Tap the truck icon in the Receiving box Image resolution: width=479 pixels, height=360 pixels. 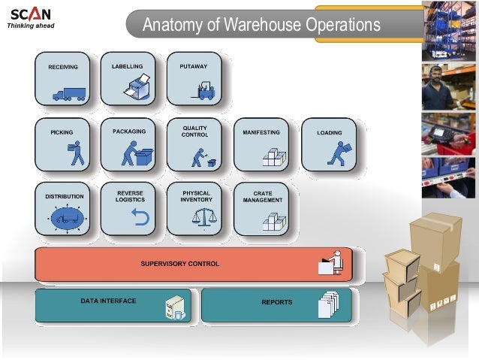tap(68, 94)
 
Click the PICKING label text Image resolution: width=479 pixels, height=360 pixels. tap(62, 132)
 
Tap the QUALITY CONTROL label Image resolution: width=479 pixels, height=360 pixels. tap(194, 132)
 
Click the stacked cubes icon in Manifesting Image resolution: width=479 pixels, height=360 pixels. tap(273, 156)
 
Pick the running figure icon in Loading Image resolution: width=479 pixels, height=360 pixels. tap(336, 153)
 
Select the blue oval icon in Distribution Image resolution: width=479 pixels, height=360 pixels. tap(66, 219)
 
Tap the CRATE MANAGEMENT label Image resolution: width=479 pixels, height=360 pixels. tap(262, 197)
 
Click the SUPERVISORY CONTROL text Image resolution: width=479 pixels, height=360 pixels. tap(180, 264)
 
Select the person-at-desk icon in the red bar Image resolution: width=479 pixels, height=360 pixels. tap(331, 262)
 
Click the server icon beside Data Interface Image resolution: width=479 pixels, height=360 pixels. tap(175, 307)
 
